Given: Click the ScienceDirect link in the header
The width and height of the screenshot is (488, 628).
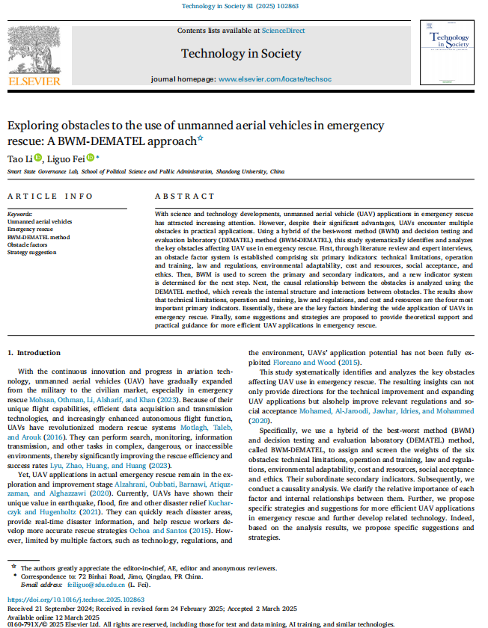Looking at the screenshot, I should [x=283, y=30].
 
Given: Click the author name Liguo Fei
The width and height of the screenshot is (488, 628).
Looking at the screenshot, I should [x=66, y=158].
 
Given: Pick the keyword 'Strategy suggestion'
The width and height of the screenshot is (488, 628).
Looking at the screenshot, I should [x=32, y=252].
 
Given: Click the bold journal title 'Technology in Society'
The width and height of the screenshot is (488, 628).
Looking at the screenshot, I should [x=241, y=53].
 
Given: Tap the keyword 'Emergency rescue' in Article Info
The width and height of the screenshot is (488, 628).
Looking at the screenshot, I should [x=28, y=230].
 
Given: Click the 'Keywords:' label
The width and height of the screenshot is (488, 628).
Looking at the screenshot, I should [x=20, y=214].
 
